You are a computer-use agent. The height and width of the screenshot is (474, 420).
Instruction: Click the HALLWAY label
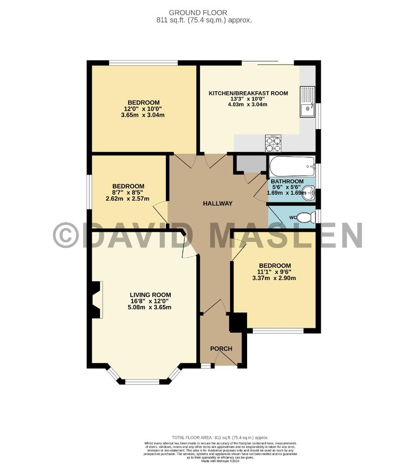(217, 204)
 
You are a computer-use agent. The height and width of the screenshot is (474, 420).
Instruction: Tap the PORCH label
(221, 349)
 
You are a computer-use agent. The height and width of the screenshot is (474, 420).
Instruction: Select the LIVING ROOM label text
(150, 295)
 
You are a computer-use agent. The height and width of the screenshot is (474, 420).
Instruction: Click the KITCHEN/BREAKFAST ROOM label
(248, 93)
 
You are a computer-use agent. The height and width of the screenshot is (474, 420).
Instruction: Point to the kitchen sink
(307, 102)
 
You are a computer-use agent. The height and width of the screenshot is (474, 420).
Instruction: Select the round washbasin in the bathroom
(309, 192)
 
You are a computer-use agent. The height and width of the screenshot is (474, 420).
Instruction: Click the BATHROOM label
(287, 182)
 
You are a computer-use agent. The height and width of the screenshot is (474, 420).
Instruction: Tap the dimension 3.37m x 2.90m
(274, 278)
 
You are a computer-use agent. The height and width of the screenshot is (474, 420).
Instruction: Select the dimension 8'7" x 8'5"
(128, 192)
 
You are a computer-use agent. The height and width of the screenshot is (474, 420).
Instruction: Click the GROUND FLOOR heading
(204, 13)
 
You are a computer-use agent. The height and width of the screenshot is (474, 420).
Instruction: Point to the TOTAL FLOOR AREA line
(220, 438)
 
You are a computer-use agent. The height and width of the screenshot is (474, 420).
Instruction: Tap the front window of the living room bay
(142, 381)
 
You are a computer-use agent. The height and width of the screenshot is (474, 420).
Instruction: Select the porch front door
(226, 359)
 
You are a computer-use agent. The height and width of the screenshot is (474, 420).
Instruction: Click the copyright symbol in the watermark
(66, 235)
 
